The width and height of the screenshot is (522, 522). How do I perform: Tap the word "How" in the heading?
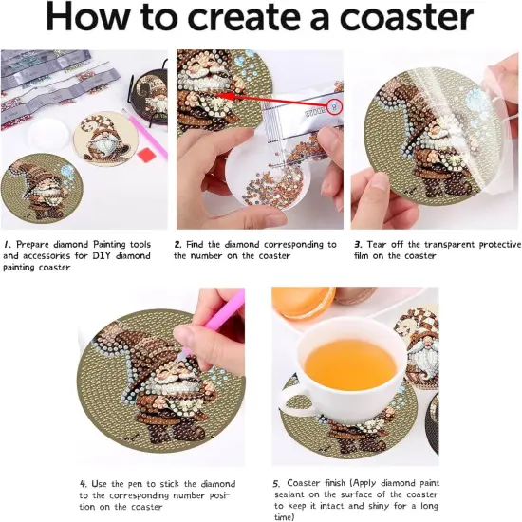(x=89, y=19)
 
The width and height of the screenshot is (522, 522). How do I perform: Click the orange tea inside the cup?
(x=351, y=364)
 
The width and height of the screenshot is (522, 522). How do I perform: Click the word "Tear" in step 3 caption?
(x=379, y=244)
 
